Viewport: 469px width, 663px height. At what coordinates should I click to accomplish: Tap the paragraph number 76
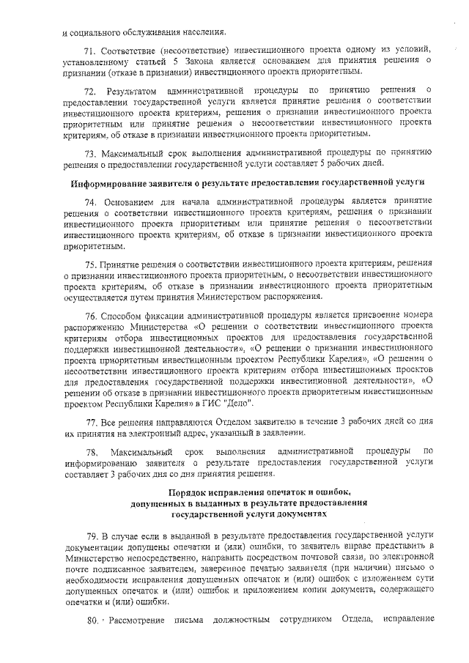click(90, 336)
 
